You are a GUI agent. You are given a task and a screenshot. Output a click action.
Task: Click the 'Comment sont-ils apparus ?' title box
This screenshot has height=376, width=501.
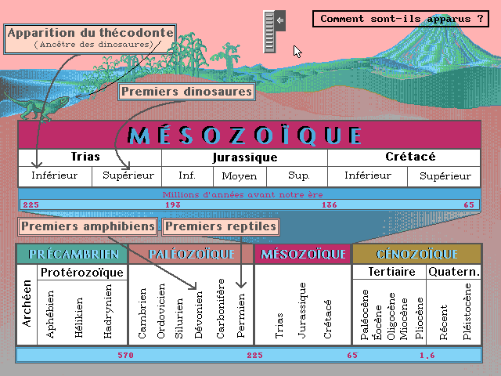click(x=401, y=19)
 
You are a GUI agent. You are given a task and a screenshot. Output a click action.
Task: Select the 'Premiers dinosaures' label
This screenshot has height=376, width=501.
click(x=186, y=92)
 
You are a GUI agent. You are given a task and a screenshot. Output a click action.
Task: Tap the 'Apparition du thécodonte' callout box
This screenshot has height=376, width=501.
click(x=90, y=39)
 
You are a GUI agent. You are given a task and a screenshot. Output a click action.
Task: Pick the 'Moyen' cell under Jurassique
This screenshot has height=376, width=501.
click(x=240, y=176)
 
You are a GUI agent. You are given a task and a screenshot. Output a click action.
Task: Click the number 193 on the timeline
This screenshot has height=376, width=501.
click(x=173, y=205)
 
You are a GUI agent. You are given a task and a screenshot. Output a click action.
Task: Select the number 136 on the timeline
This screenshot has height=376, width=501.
click(x=330, y=205)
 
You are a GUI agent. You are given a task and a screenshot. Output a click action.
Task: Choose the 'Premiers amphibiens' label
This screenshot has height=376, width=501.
click(x=88, y=226)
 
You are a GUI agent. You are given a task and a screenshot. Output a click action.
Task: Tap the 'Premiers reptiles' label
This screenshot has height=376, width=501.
click(x=221, y=226)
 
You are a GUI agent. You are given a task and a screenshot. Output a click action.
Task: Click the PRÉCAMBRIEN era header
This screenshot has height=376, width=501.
click(x=73, y=254)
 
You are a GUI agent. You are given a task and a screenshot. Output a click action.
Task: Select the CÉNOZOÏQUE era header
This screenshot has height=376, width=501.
click(x=417, y=254)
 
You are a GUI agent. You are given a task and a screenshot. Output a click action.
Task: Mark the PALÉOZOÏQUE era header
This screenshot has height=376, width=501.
click(x=191, y=254)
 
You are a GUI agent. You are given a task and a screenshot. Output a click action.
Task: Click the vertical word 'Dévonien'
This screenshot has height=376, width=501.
click(x=198, y=315)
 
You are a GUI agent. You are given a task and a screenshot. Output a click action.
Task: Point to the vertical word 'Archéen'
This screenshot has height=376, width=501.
click(x=27, y=303)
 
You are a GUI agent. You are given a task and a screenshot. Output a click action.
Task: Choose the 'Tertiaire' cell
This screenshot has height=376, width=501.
click(x=391, y=272)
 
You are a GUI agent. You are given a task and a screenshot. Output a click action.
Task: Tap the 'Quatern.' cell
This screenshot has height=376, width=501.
click(x=454, y=272)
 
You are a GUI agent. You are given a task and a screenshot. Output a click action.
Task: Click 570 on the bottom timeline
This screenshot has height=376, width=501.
click(x=125, y=355)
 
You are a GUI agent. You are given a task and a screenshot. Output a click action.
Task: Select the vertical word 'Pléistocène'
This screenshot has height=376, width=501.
click(x=467, y=312)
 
